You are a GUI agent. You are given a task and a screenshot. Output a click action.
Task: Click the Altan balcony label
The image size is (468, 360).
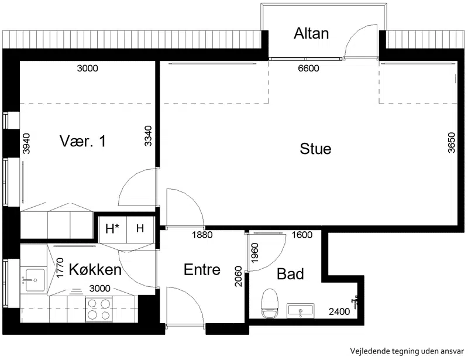[311, 33]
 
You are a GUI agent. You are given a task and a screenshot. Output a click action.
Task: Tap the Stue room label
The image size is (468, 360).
[315, 149]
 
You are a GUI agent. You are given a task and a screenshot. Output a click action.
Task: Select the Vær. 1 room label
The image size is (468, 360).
[82, 141]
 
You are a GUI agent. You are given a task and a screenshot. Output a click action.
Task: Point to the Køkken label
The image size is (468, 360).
[95, 269]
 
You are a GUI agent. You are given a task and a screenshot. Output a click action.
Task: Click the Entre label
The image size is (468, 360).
[202, 269]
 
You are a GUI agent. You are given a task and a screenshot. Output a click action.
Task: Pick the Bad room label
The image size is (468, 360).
[290, 274]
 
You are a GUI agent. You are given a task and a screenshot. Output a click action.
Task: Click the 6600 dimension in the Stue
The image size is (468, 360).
[309, 68]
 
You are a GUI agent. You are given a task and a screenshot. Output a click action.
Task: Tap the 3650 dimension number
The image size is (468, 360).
[452, 142]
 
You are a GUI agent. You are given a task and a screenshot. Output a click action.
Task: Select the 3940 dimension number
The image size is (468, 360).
[26, 143]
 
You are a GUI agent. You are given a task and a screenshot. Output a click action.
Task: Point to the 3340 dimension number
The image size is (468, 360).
[148, 136]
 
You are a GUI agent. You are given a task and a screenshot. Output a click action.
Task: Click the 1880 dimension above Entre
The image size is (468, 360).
[202, 235]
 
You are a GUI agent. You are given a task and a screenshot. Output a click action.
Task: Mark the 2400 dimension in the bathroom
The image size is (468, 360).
[339, 311]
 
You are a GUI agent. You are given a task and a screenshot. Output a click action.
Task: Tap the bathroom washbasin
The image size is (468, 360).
[301, 310]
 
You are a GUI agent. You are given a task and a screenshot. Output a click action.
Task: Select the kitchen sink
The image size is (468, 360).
[33, 280]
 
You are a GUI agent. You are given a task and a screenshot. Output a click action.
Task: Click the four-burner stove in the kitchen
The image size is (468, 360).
[99, 309]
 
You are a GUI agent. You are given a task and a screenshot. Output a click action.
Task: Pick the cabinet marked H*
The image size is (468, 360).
[112, 229]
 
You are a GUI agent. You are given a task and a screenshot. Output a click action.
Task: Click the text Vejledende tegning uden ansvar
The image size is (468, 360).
[407, 351]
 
